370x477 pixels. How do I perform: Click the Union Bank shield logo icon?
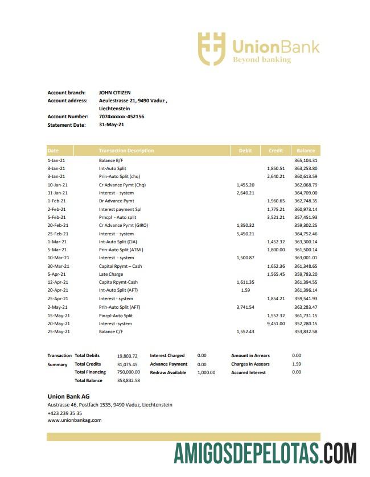(x=211, y=48)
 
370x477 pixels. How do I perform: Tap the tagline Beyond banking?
(x=261, y=60)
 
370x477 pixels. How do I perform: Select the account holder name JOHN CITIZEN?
(x=114, y=93)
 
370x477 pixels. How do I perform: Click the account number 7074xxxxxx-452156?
(x=121, y=117)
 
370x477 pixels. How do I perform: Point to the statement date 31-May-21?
(x=111, y=125)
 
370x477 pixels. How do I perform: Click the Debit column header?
(x=245, y=151)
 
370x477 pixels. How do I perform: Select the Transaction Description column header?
(x=126, y=151)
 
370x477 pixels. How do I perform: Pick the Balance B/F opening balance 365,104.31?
(x=306, y=160)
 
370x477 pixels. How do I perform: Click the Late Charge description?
(x=111, y=274)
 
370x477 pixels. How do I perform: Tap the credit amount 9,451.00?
(x=276, y=323)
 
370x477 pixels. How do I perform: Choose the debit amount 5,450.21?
(x=245, y=234)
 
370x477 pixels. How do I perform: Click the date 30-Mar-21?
(x=58, y=266)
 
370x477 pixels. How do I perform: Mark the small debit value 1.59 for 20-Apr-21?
(x=245, y=291)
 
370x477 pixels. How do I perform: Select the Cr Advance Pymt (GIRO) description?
(x=124, y=226)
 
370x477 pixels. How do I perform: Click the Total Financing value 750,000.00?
(x=128, y=372)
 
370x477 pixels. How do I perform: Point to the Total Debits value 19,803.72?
(x=128, y=356)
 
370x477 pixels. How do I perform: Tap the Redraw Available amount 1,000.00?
(x=206, y=372)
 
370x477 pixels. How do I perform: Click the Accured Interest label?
(x=248, y=372)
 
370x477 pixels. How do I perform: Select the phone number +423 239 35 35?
(x=64, y=413)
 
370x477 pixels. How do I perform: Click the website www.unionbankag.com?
(x=74, y=421)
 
